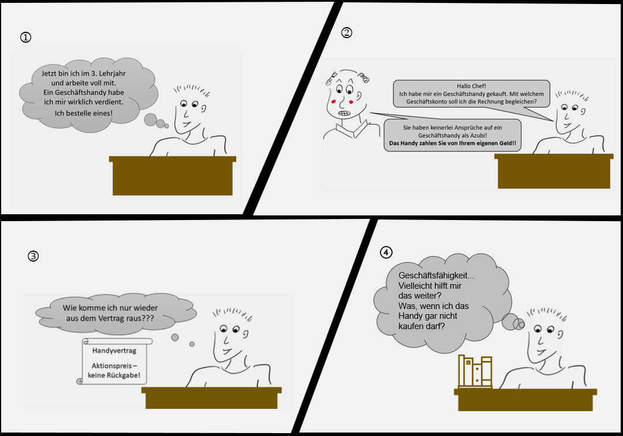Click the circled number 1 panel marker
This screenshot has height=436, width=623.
[x=25, y=38]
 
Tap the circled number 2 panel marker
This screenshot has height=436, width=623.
[x=346, y=32]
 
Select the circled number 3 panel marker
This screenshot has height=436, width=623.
[x=33, y=256]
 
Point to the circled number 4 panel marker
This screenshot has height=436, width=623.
[x=386, y=252]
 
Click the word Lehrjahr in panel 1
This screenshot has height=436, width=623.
[x=112, y=73]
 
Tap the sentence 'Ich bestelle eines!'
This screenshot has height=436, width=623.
[x=84, y=113]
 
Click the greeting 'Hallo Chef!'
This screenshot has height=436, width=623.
[x=471, y=86]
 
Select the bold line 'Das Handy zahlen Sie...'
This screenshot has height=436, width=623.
[x=453, y=143]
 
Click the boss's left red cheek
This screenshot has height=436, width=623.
[x=333, y=102]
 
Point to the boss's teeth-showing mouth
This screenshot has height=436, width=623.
[x=344, y=113]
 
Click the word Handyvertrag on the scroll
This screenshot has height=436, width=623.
[x=114, y=351]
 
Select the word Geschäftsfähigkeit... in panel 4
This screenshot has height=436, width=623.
[x=437, y=275]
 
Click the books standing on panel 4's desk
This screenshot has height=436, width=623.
[x=475, y=371]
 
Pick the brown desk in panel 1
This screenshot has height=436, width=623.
[x=173, y=176]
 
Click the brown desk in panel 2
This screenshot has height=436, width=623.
[x=554, y=171]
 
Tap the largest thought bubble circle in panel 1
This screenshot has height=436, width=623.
[x=151, y=120]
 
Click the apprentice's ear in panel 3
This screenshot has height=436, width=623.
[x=245, y=334]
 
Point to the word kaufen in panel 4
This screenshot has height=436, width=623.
[x=412, y=326]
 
